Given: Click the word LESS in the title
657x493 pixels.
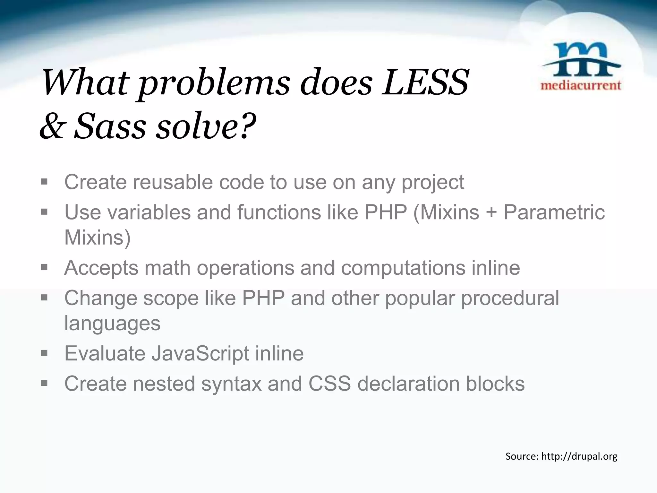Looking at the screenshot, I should coord(425,83).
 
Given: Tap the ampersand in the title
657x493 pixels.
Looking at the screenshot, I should coord(52,126).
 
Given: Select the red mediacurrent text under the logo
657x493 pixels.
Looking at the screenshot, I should coord(581,85).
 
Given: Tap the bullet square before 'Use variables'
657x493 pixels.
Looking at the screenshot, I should coord(44,212).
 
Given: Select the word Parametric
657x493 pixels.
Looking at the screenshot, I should coord(554,213).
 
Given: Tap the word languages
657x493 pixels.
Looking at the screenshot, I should coord(112,324).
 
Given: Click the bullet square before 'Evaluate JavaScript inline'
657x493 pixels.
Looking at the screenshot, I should coord(44,353).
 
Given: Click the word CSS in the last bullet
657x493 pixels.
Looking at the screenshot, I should coord(329,384).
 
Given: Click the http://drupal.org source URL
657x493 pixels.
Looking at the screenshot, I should coord(579,456).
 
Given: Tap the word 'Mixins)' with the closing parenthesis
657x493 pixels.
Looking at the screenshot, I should coord(97,238).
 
